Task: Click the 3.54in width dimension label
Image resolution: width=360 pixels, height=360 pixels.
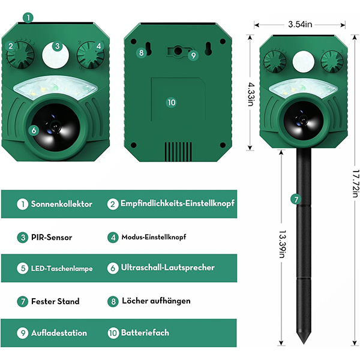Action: click(x=300, y=24)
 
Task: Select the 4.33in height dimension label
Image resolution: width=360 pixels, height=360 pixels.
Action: click(x=250, y=94)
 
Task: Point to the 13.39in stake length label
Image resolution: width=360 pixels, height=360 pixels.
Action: click(x=282, y=244)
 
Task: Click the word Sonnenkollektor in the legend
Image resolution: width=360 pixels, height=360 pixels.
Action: click(x=62, y=204)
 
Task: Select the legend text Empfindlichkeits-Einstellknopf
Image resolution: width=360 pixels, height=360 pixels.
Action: click(x=178, y=203)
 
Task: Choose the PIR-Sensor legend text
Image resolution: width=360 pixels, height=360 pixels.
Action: click(x=52, y=237)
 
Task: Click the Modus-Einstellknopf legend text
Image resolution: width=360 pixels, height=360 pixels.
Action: click(x=154, y=237)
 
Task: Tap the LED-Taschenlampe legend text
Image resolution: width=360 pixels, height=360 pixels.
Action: click(x=62, y=268)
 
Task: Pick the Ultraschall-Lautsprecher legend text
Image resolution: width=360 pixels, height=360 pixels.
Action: click(x=167, y=268)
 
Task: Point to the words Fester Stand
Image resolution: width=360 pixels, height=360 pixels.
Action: click(x=55, y=301)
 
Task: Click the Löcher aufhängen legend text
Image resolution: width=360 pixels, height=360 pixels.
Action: click(x=156, y=301)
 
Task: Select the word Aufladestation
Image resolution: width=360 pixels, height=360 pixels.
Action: click(x=59, y=333)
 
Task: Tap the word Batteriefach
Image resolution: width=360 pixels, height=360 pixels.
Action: click(x=145, y=332)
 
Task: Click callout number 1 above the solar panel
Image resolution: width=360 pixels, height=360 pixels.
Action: click(x=28, y=17)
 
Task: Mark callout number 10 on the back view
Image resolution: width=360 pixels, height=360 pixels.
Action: click(x=172, y=102)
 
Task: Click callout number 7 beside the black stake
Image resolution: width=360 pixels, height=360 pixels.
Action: click(x=296, y=199)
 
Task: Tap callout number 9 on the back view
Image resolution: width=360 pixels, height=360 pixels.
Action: click(x=193, y=55)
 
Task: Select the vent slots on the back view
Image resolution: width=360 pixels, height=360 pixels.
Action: click(x=178, y=151)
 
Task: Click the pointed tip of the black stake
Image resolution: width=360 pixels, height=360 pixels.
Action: click(x=304, y=344)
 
